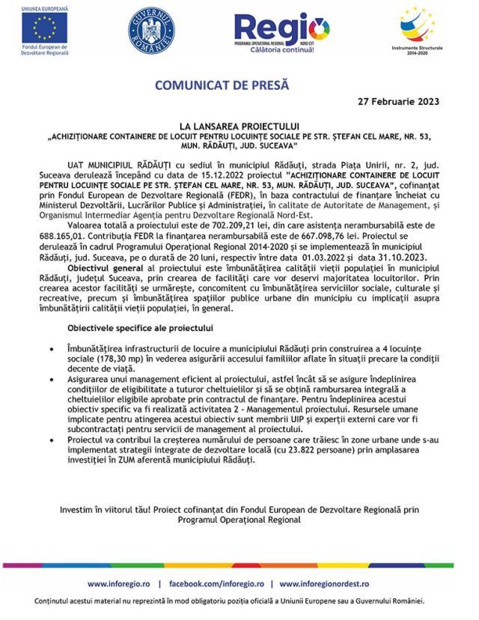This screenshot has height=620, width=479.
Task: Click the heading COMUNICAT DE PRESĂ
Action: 222,85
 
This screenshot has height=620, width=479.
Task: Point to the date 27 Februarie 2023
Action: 398,101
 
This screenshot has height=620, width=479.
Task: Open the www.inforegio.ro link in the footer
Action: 119,583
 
